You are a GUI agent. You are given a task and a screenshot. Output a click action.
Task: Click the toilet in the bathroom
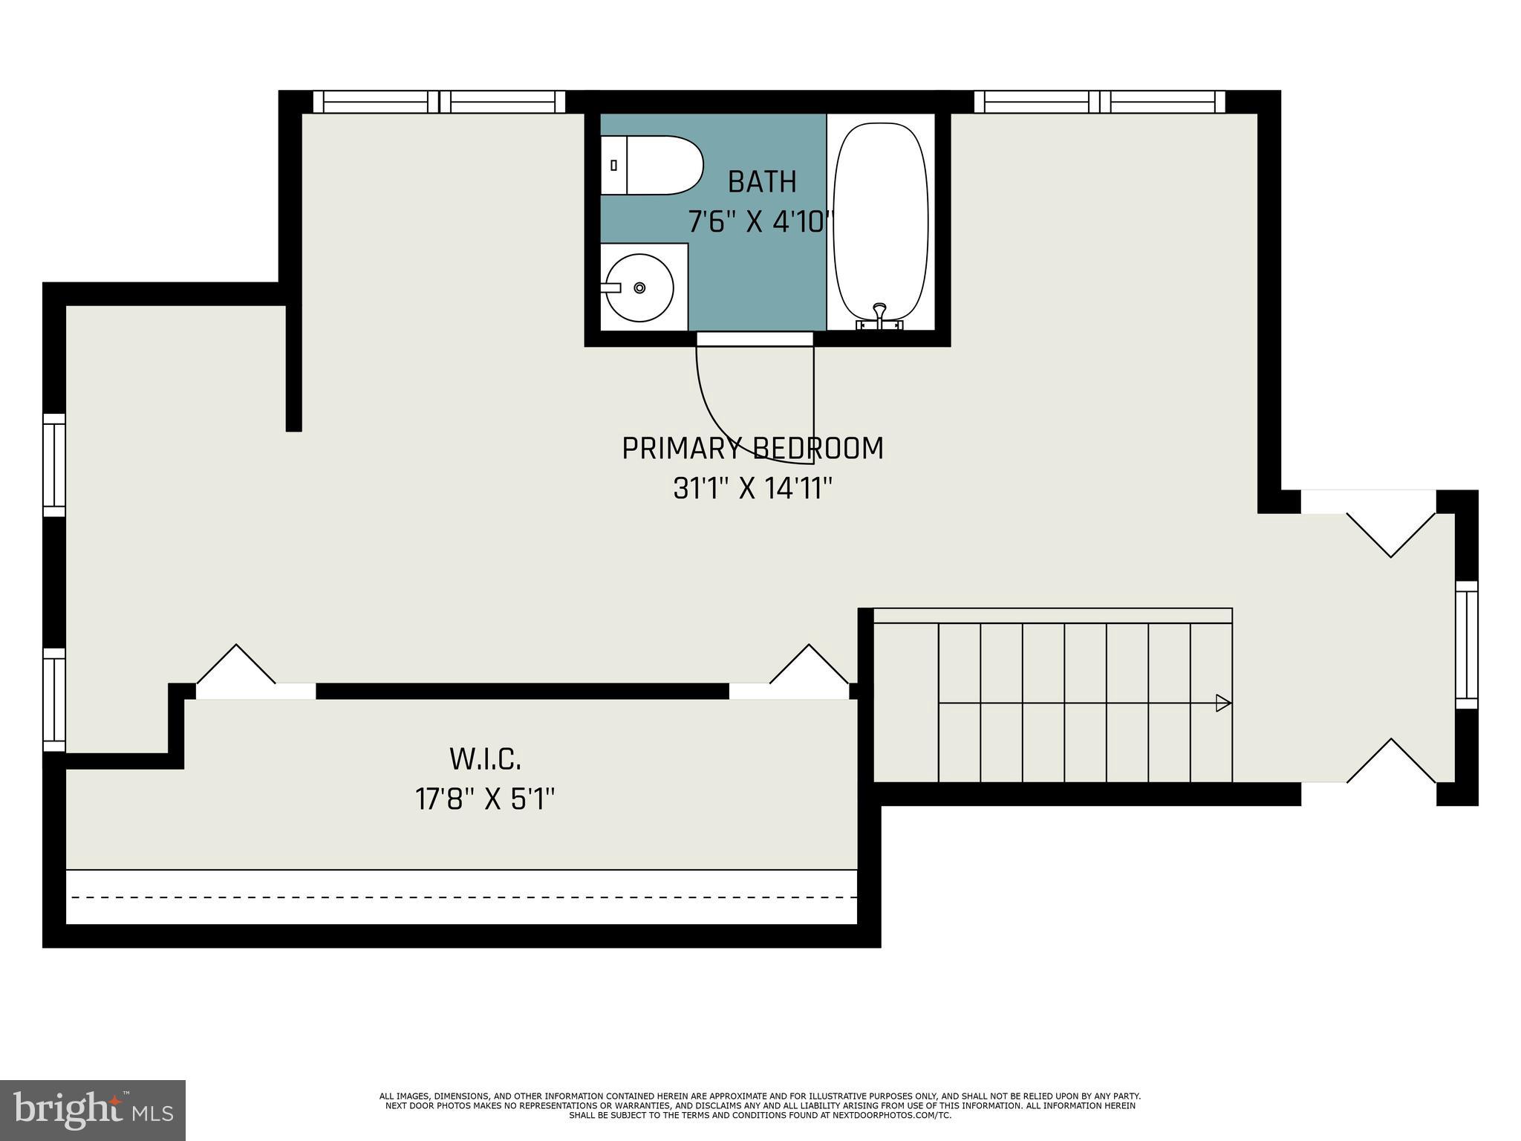coord(652,165)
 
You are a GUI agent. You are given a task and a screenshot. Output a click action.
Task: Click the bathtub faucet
coord(880,313)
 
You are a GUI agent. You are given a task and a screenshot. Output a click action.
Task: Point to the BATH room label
coord(762,182)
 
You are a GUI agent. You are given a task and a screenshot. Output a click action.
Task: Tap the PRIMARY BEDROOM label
coord(752,449)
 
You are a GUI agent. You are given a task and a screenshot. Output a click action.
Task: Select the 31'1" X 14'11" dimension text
coord(752,489)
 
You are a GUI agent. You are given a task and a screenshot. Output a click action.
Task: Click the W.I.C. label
coord(485,759)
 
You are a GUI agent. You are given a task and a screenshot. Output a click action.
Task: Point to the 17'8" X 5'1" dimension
coord(485,800)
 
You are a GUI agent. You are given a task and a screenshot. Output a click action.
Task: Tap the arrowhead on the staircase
coord(1222,703)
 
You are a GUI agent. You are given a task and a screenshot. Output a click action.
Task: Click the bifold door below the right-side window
coord(1390,761)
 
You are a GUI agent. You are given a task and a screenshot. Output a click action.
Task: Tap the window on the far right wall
coord(1466,645)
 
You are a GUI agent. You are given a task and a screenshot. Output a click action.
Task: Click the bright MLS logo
coord(93,1110)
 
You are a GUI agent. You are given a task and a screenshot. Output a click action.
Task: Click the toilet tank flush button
coord(613,166)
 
